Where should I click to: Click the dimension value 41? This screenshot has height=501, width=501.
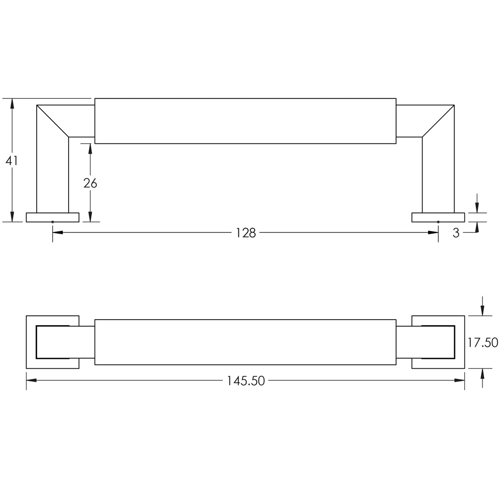point(12,161)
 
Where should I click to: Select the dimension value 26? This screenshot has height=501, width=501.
point(90,183)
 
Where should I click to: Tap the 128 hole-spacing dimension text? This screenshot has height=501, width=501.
point(246,233)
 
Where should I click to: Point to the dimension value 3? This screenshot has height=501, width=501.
point(456,233)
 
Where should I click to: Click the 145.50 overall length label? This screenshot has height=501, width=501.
point(246,380)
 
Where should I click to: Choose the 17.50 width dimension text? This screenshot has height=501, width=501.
point(483,342)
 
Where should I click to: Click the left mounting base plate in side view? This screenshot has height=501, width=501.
point(53,217)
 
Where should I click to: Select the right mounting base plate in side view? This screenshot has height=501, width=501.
point(438,217)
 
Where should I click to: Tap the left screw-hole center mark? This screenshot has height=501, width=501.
point(53,222)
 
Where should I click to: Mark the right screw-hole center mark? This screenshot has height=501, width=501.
point(438,222)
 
